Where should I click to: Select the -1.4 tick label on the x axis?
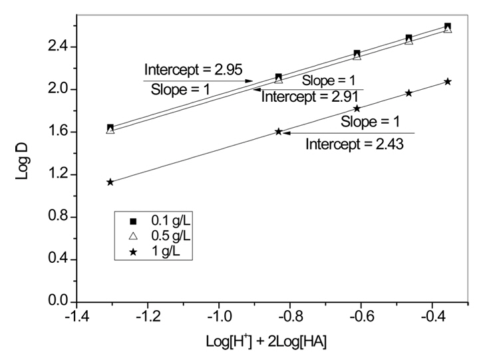pos(75,318)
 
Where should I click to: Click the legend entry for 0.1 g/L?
pos(160,220)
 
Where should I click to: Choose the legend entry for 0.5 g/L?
pos(160,236)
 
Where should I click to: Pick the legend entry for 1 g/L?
pos(156,252)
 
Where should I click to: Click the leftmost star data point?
pos(110,182)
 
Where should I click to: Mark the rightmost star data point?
pos(448,81)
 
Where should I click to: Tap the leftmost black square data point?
pos(110,127)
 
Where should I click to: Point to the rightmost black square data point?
pos(448,27)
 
